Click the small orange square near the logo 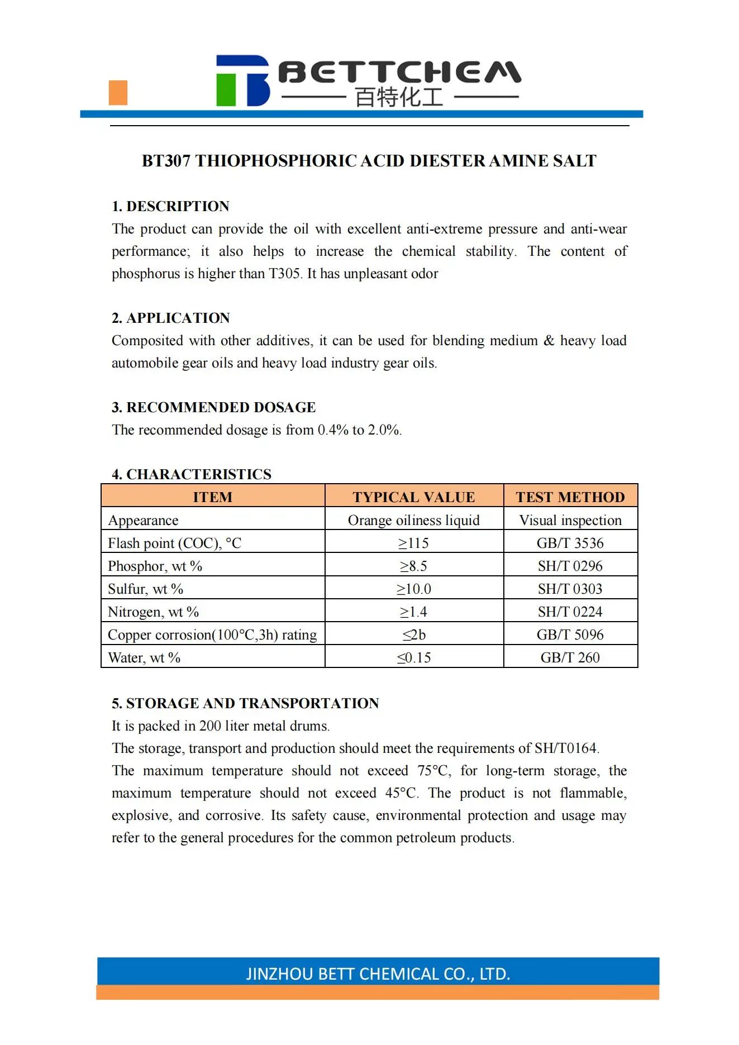tap(118, 93)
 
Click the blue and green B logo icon tap(242, 80)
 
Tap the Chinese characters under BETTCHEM tap(399, 98)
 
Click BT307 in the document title tap(166, 161)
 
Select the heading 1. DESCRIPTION tap(170, 206)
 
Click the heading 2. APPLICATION tap(170, 318)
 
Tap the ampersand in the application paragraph tap(549, 341)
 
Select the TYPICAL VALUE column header tap(414, 497)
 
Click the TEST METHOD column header tap(570, 497)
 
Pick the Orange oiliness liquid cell tap(414, 521)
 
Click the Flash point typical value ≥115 tap(414, 543)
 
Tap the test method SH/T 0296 tap(570, 566)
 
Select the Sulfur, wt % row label tap(146, 589)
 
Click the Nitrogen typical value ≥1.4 tap(414, 612)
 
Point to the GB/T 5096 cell tap(570, 635)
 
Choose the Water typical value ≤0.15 tap(414, 658)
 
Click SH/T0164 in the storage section tap(566, 748)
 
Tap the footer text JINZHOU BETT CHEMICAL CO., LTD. tap(378, 974)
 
